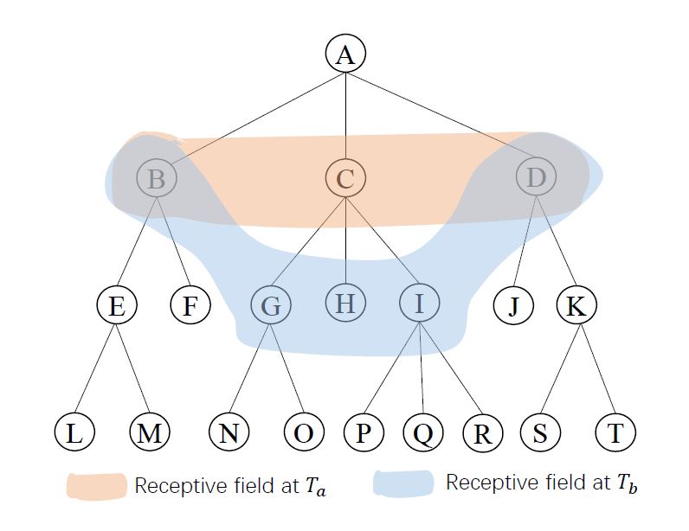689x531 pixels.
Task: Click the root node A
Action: click(x=345, y=54)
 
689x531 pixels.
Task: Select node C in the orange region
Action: click(x=345, y=179)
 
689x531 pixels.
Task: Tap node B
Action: click(x=157, y=179)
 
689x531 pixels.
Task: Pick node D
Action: click(x=536, y=178)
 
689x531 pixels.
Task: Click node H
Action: click(x=345, y=303)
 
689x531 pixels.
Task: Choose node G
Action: click(x=270, y=305)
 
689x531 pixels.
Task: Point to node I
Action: click(x=420, y=303)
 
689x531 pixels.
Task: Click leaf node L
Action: click(x=75, y=432)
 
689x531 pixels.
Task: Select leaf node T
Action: click(x=615, y=432)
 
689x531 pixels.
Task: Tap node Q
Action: click(x=422, y=432)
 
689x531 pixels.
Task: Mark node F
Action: click(x=190, y=305)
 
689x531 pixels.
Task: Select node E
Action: click(x=118, y=305)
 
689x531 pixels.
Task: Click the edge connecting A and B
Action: click(x=251, y=117)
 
